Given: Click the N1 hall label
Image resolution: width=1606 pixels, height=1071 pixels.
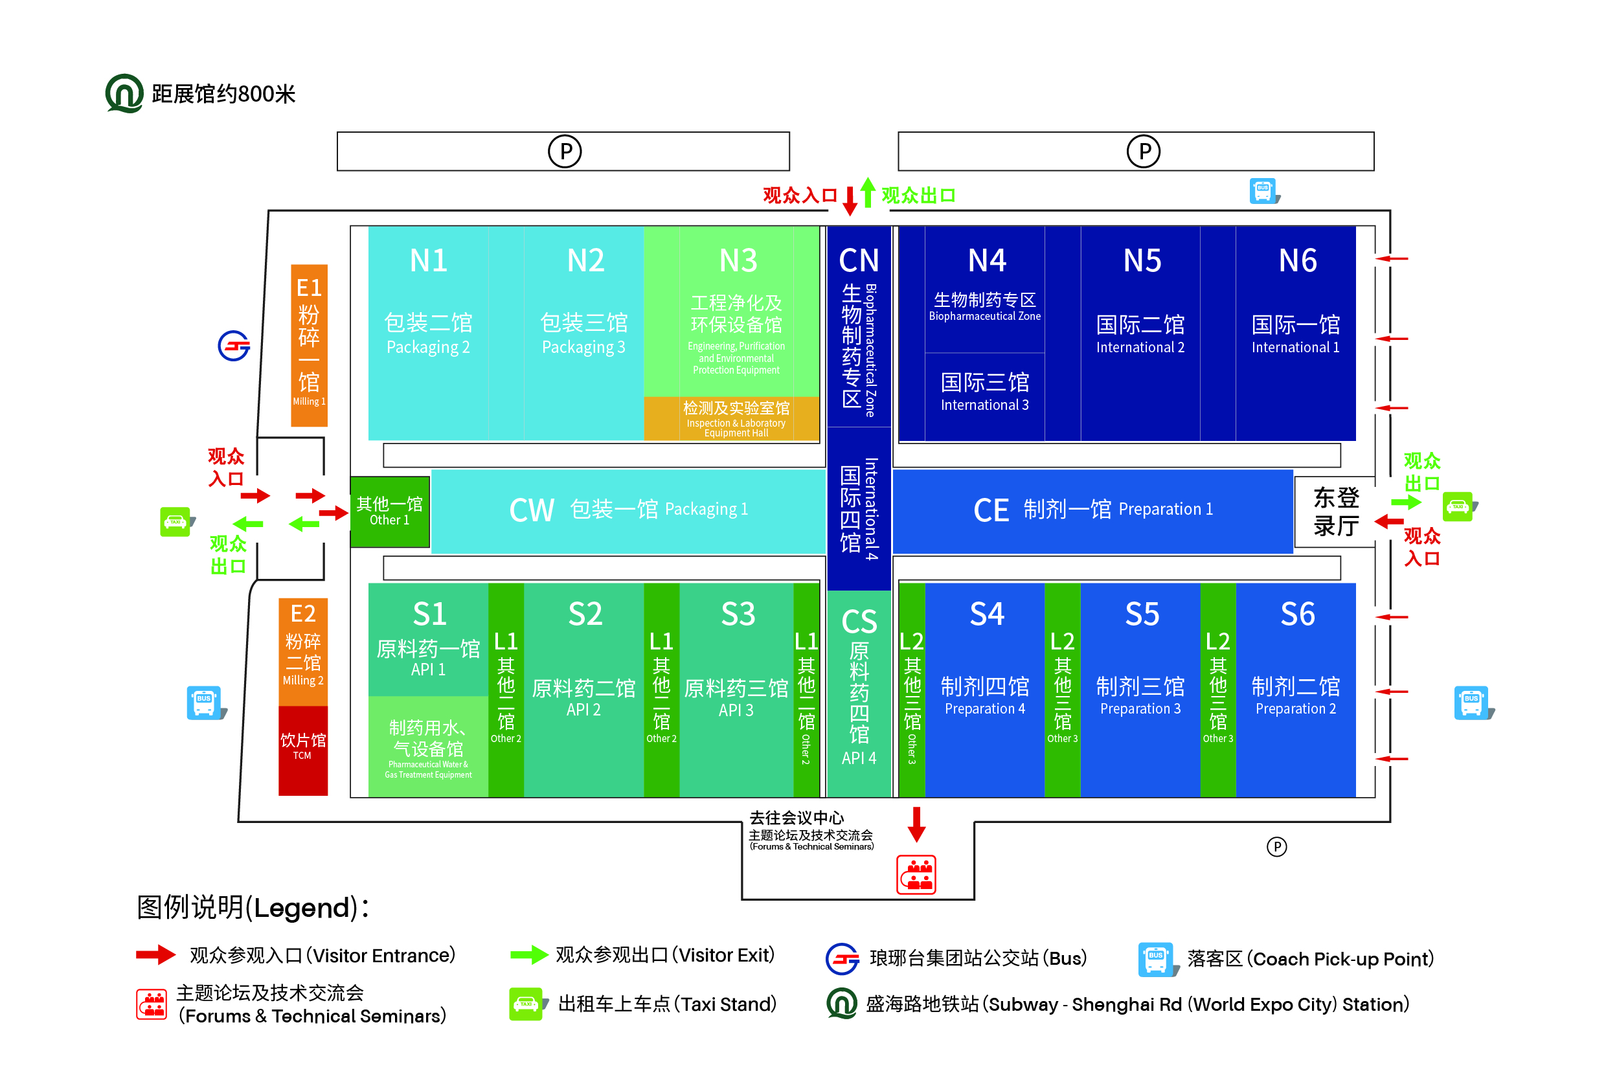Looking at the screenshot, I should pos(428,261).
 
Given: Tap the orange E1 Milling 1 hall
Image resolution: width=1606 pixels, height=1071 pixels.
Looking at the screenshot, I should pos(309,345).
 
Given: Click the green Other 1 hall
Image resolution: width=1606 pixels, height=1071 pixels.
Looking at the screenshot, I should pos(389,511).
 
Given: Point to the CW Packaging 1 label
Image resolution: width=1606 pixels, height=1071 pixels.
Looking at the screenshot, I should pos(628,510).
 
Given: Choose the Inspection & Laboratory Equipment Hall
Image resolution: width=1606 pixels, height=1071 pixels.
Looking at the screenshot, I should pos(736,418).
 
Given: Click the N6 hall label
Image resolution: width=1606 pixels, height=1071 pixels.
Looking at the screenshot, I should pos(1296,261).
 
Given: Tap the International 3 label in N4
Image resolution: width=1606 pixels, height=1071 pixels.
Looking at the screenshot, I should pos(984,392).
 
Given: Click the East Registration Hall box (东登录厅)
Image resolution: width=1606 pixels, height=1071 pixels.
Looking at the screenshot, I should pos(1335,511).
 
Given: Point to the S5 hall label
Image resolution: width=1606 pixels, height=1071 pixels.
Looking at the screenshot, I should pos(1142,614).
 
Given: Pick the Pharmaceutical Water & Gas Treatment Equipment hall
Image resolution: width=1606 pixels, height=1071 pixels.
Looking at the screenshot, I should pos(427,747).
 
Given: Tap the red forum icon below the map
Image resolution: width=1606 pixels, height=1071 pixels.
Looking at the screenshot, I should pos(916,874).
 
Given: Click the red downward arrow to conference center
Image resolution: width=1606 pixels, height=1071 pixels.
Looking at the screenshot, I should pos(916,824).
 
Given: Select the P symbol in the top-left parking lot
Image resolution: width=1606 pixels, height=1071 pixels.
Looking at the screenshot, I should pos(565,151).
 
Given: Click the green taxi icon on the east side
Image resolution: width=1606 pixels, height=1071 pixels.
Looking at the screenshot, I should pos(1458,507).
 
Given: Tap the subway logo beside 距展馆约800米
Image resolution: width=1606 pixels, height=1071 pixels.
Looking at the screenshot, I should pos(124,94).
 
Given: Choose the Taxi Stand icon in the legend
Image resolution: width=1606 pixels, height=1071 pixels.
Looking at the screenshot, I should pos(526,1004).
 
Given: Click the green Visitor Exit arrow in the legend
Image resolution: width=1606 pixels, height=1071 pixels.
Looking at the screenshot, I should pos(528,954).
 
